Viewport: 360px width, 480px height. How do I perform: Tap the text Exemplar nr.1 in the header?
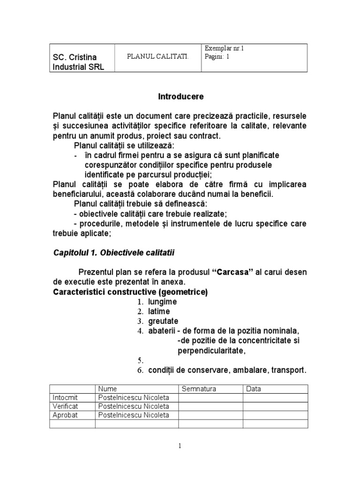tap(225, 48)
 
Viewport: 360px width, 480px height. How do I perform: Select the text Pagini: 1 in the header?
tap(217, 56)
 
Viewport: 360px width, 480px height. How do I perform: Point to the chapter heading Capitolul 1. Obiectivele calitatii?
tap(113, 253)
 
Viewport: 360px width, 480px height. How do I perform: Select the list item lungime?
tap(162, 302)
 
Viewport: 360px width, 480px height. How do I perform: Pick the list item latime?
tap(159, 311)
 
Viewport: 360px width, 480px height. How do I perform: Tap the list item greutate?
tap(163, 321)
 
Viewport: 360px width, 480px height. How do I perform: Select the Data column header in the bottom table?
tap(253, 389)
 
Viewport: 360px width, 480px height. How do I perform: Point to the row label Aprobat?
tap(65, 415)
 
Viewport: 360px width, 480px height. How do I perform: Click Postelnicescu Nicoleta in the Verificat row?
tap(133, 406)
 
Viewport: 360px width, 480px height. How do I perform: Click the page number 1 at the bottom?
tap(180, 446)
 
